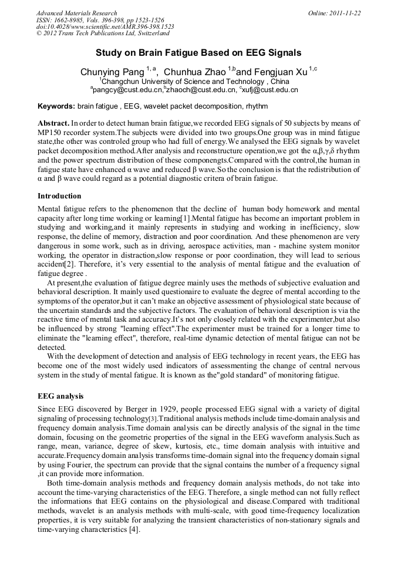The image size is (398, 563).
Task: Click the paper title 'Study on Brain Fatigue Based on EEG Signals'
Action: tap(198, 52)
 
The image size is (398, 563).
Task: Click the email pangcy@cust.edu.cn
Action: tap(126, 90)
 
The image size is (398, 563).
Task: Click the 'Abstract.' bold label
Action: tap(53, 124)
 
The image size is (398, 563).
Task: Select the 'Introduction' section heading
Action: tap(59, 195)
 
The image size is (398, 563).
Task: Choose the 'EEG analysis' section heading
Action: tap(60, 396)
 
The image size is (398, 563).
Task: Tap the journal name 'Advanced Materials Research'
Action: tap(76, 13)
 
